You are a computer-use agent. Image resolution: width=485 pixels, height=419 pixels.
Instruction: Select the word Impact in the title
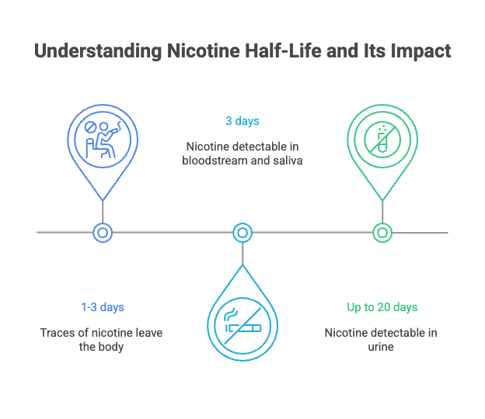pyautogui.click(x=420, y=52)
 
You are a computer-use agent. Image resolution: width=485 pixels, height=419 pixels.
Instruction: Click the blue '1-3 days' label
pyautogui.click(x=103, y=307)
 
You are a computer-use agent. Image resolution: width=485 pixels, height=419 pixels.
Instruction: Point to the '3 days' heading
pyautogui.click(x=242, y=121)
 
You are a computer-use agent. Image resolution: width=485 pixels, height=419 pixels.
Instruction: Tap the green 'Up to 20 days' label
pyautogui.click(x=382, y=307)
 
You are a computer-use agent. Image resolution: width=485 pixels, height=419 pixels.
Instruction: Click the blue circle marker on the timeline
pyautogui.click(x=103, y=232)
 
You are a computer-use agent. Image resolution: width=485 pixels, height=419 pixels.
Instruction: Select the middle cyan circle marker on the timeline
pyautogui.click(x=242, y=232)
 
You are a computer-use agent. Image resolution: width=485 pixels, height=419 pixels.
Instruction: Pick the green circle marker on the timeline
pyautogui.click(x=382, y=232)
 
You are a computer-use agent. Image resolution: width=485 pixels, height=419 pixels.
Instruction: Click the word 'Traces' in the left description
pyautogui.click(x=57, y=333)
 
